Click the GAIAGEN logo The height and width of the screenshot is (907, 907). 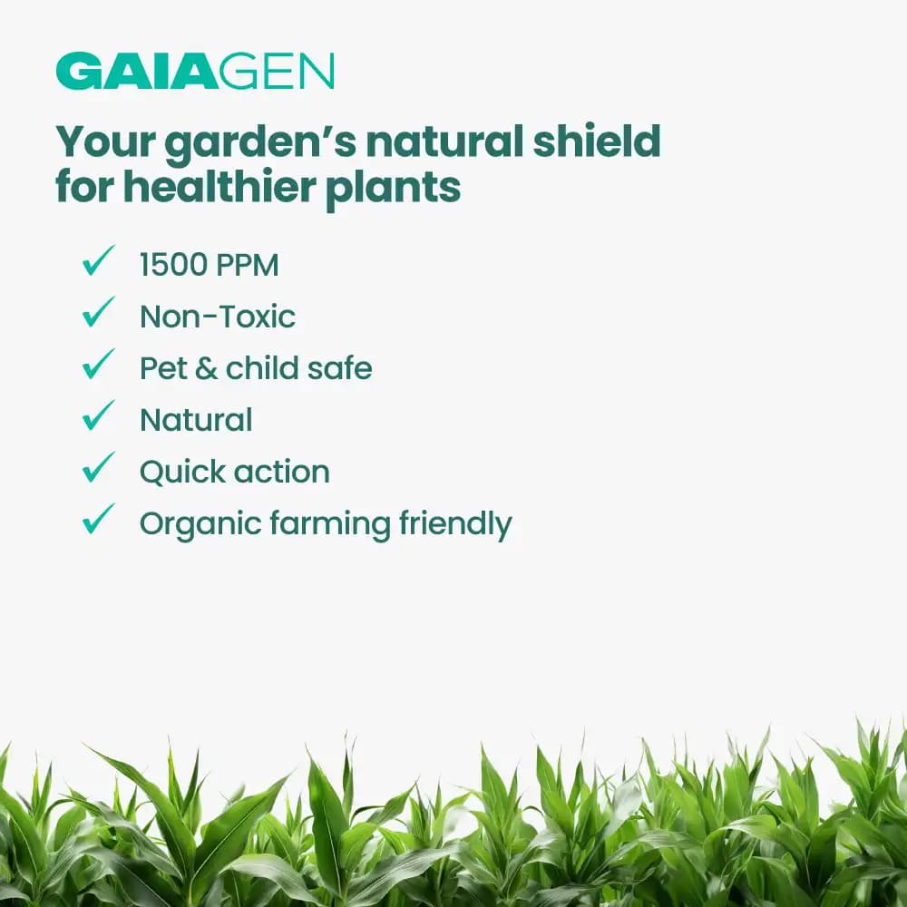(195, 72)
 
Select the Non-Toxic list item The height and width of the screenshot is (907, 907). (218, 317)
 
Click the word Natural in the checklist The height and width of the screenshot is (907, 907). (196, 420)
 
